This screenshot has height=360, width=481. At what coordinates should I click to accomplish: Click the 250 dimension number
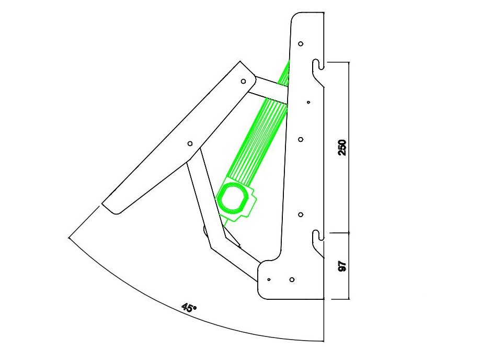pos(342,148)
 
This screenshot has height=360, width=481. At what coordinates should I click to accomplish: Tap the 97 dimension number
pos(342,266)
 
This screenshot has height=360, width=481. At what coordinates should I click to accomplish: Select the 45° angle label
pos(189,308)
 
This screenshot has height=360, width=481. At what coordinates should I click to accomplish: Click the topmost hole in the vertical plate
pos(301,43)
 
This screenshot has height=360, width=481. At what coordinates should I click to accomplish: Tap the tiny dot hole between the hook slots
pos(308,102)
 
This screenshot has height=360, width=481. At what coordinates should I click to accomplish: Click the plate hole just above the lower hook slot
pos(301,215)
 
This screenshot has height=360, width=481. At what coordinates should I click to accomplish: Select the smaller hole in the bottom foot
pos(269,279)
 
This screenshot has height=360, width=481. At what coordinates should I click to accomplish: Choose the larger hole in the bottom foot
pos(292,279)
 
